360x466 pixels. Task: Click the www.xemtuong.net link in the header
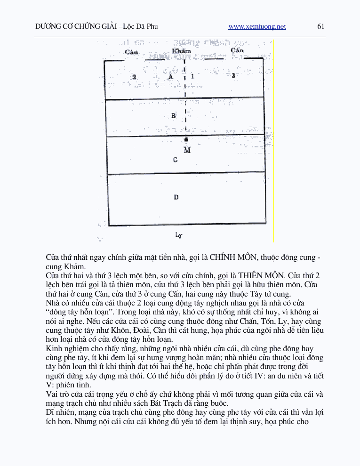coord(257,27)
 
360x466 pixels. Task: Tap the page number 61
coord(321,26)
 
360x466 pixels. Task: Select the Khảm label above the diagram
coord(182,51)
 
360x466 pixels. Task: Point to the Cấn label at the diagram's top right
coord(237,50)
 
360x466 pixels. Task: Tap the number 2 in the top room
coord(134,76)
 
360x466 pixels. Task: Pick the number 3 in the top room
coord(233,76)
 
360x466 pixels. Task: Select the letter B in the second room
coord(173,116)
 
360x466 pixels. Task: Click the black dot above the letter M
coord(186,140)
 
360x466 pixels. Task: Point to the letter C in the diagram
coord(175,160)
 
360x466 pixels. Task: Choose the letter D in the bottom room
coord(176,197)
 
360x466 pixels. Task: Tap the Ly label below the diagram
coord(178,234)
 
